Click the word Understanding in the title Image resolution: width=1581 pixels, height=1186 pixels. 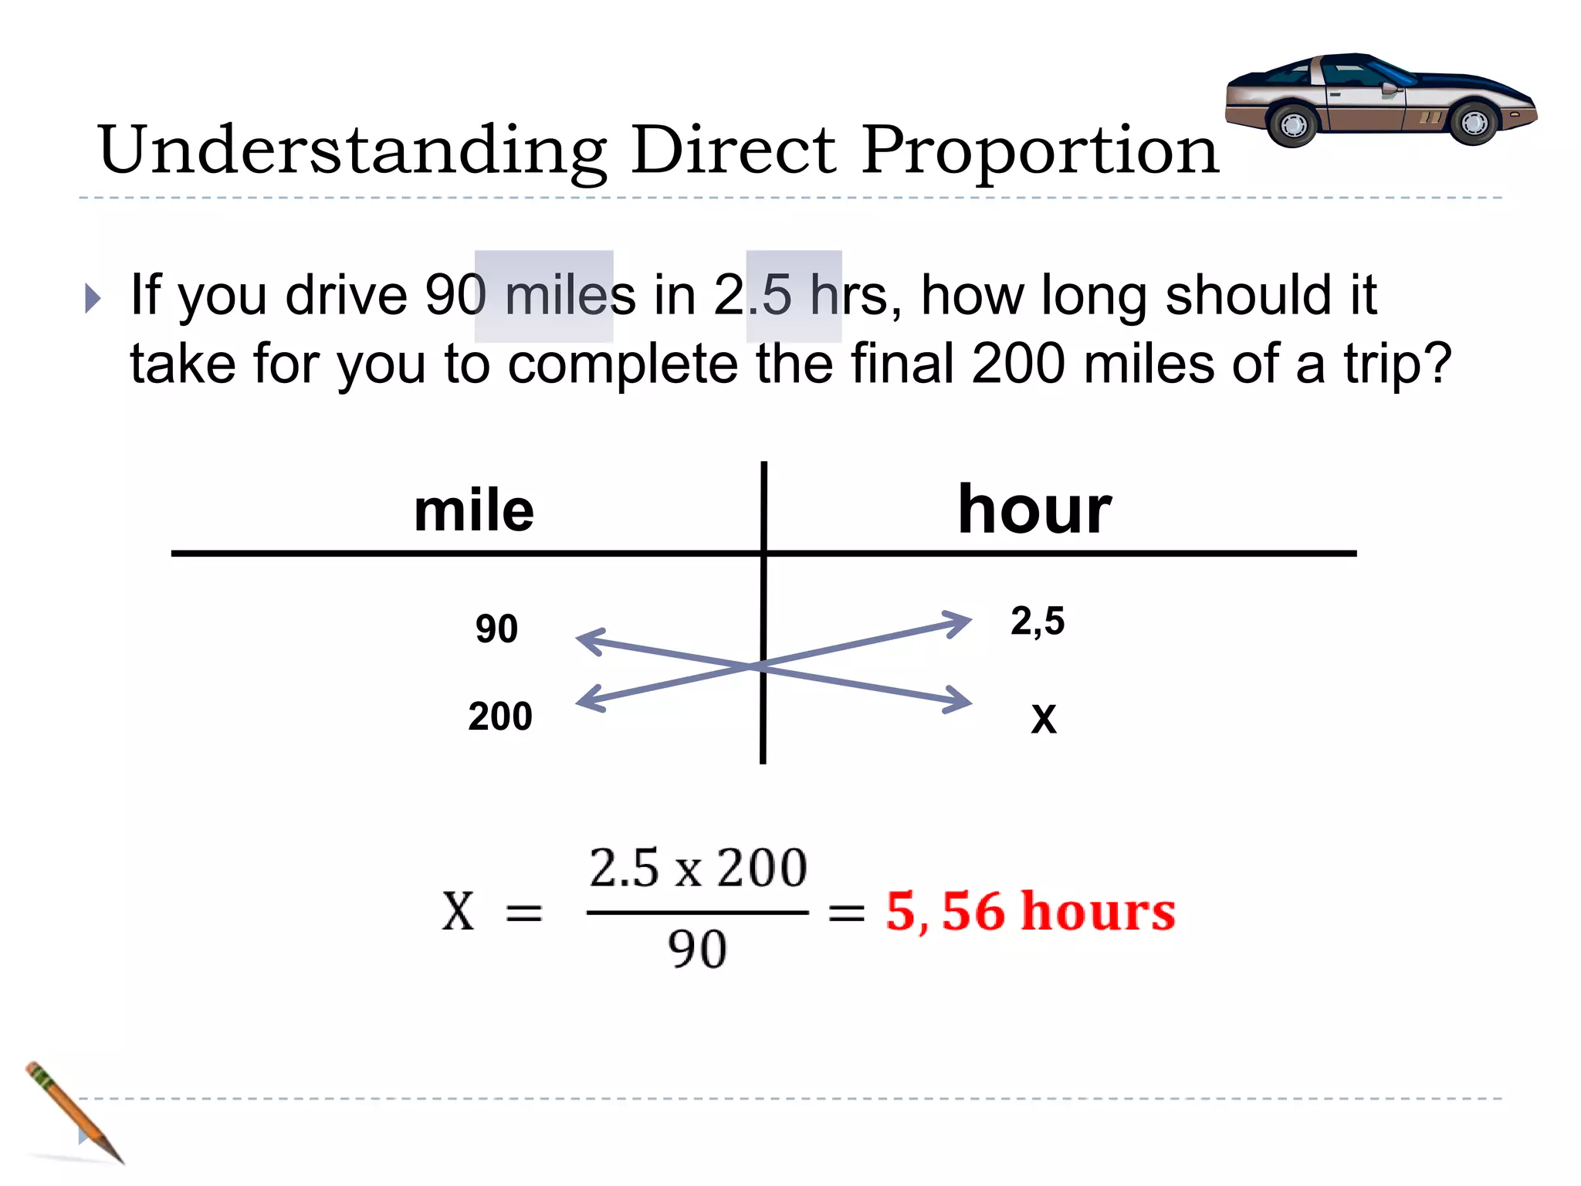point(352,151)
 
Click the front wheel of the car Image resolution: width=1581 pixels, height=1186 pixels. point(1473,123)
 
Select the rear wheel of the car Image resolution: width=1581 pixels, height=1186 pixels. point(1293,125)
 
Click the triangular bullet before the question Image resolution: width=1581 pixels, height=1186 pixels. point(93,298)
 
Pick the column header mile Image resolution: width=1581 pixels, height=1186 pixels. point(473,510)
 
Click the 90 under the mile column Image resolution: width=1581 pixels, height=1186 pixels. point(496,629)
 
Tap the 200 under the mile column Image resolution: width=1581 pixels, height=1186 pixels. point(499,717)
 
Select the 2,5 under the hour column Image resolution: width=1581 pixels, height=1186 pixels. point(1038,622)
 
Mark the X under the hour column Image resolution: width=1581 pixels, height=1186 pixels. point(1044,719)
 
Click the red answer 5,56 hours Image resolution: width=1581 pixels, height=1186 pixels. point(1030,911)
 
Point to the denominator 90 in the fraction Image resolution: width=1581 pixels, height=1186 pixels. point(697,949)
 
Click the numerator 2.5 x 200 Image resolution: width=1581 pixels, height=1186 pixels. point(698,868)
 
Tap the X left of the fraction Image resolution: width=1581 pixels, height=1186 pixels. point(458,911)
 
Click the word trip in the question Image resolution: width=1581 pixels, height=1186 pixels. point(1380,364)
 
